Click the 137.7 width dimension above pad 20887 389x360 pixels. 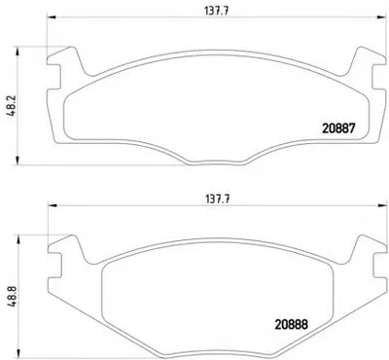217,11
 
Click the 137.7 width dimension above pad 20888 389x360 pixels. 217,198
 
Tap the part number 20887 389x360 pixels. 338,128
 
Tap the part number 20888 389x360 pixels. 291,324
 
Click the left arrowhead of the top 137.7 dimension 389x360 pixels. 52,17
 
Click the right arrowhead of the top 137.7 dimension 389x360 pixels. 381,17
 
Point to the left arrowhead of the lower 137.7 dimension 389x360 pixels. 53,205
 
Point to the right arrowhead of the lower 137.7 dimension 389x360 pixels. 382,205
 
